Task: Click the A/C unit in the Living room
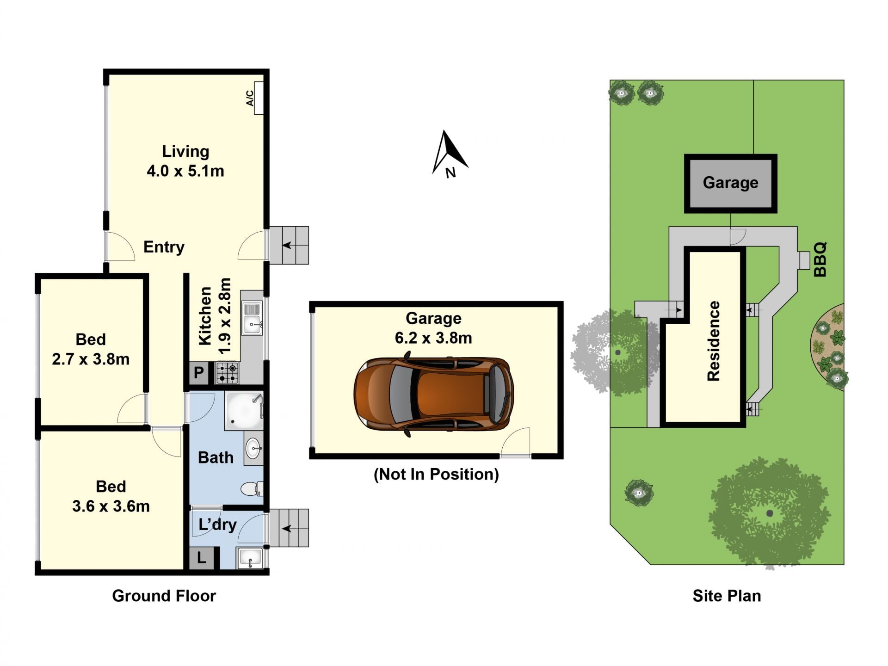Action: pos(259,98)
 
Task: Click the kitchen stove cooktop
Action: pos(228,373)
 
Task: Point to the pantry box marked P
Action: pos(199,372)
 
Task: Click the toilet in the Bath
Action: pos(252,489)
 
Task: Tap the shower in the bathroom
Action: pos(244,411)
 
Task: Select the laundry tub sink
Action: pos(250,558)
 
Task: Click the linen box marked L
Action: pos(202,558)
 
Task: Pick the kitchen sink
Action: pos(252,318)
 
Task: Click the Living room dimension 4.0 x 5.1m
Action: pos(185,171)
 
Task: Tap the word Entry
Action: pos(164,247)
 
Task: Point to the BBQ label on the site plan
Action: pos(820,259)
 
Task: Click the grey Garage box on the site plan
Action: pos(731,184)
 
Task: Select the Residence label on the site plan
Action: pos(714,341)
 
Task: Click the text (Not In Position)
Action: pos(436,475)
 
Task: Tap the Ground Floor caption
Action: pos(164,596)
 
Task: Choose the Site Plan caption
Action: pos(727,596)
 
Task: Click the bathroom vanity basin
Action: pos(253,448)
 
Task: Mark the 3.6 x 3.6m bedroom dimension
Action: pos(111,506)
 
